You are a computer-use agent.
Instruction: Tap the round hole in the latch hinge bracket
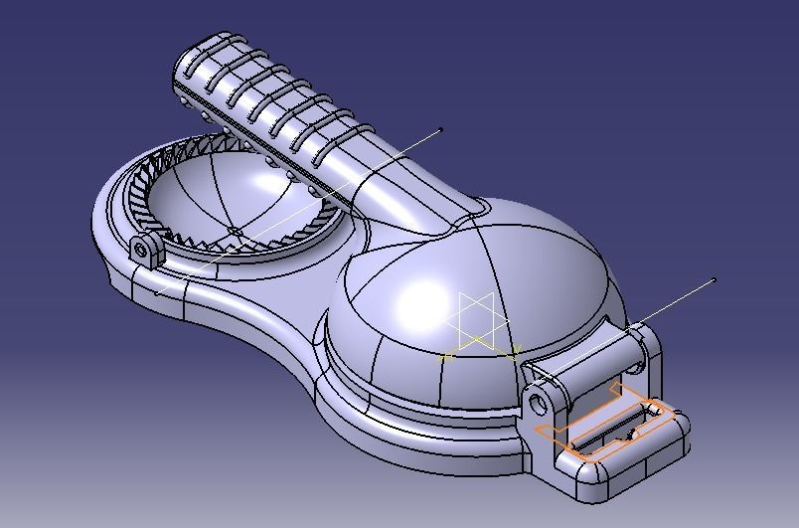[x=539, y=404]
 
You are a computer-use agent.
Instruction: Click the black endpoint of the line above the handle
[x=441, y=130]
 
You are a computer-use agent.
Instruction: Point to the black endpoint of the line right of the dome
[x=715, y=280]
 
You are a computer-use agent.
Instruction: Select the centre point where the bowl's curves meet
[x=235, y=232]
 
